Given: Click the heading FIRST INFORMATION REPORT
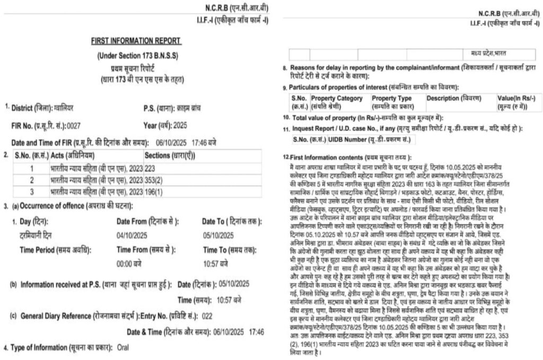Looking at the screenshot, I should click(136, 41).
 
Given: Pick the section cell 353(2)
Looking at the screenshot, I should click(154, 180).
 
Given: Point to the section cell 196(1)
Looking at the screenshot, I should click(154, 191).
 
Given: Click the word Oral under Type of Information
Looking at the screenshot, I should click(122, 347).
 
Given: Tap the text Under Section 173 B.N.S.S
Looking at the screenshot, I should click(137, 56).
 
